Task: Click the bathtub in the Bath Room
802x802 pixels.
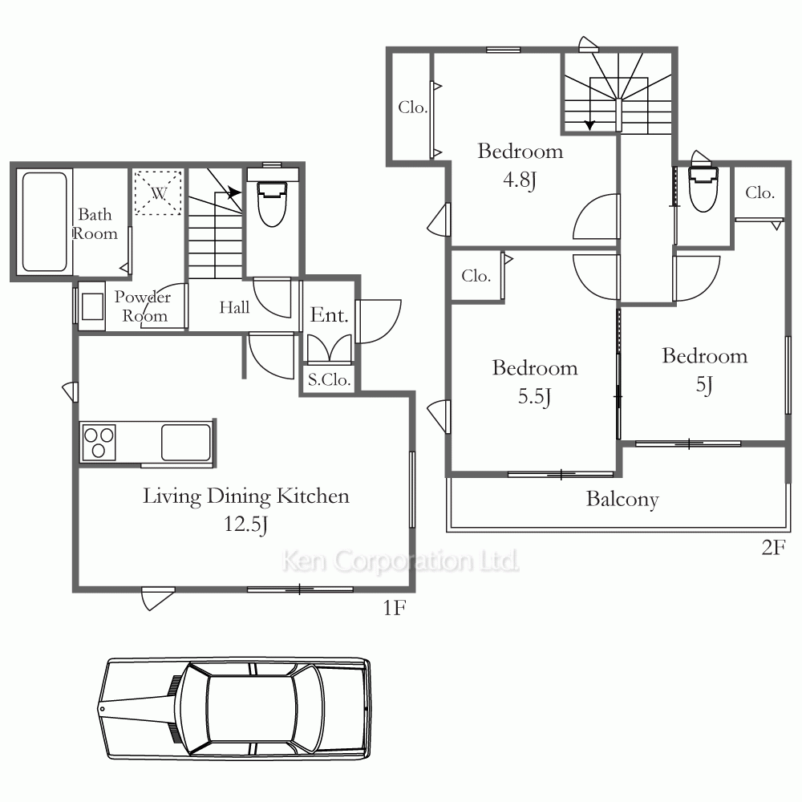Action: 44,221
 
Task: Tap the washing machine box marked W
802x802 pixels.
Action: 158,192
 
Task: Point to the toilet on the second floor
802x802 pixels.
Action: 703,187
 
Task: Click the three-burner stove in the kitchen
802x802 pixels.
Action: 98,442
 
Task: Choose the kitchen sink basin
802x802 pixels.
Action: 186,442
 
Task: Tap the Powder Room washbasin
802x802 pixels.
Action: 92,306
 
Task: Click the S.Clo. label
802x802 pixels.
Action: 329,379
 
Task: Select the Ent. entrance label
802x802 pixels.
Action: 329,314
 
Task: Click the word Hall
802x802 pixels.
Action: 234,307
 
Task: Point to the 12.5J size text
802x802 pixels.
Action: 245,525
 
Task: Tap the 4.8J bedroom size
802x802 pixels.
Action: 520,180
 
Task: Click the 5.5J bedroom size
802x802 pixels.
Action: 534,397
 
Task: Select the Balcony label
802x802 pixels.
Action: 622,499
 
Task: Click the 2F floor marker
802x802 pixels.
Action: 773,548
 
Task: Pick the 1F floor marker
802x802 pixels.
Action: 395,608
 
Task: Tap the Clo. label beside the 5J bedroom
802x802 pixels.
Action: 759,192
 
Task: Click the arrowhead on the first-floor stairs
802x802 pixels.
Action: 234,192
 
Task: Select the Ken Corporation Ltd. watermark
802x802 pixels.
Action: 400,561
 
